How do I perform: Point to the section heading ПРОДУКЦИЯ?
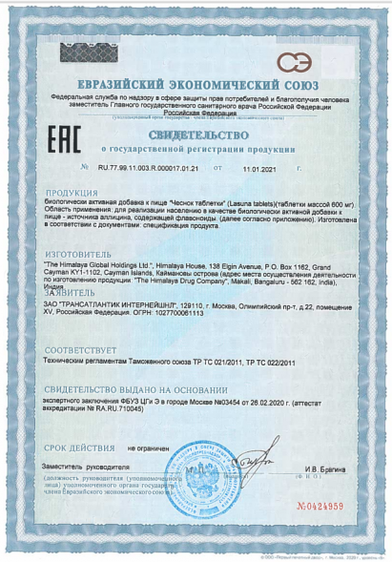point(77,192)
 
